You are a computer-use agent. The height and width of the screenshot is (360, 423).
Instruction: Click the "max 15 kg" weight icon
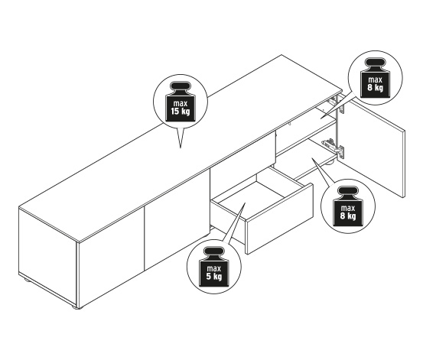pyautogui.click(x=181, y=102)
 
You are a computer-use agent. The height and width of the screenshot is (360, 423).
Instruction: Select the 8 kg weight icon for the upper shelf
pyautogui.click(x=376, y=78)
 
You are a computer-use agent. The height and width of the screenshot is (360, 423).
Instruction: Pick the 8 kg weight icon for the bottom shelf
pyautogui.click(x=348, y=206)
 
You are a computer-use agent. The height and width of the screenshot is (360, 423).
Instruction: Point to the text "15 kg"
pyautogui.click(x=181, y=111)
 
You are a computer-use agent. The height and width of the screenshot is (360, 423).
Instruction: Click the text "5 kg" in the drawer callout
pyautogui.click(x=214, y=277)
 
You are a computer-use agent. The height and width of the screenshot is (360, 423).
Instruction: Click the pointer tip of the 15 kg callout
pyautogui.click(x=181, y=148)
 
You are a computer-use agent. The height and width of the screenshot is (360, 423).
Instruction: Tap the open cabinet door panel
pyautogui.click(x=373, y=147)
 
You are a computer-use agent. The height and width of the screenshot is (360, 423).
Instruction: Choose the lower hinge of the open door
pyautogui.click(x=334, y=148)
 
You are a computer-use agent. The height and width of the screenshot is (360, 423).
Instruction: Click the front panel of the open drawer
pyautogui.click(x=279, y=219)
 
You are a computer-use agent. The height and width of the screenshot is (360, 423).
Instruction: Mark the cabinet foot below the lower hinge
pyautogui.click(x=330, y=163)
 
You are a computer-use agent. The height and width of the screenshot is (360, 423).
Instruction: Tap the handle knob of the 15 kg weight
pyautogui.click(x=181, y=87)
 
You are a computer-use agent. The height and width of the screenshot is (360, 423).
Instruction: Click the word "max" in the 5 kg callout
pyautogui.click(x=214, y=268)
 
